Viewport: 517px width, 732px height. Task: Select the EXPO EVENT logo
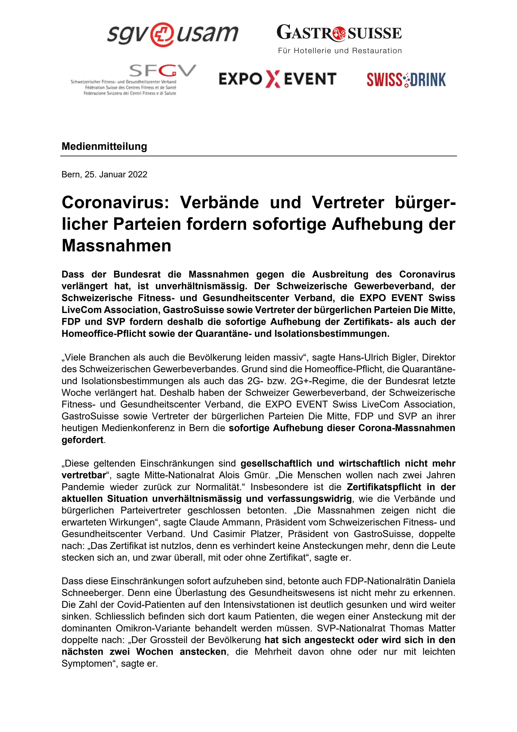pyautogui.click(x=277, y=79)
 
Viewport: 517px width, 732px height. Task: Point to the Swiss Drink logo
pyautogui.click(x=406, y=79)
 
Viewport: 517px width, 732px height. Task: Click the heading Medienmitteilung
pyautogui.click(x=104, y=146)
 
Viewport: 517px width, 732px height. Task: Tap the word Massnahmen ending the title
pyautogui.click(x=116, y=245)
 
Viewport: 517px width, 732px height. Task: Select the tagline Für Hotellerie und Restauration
pyautogui.click(x=340, y=51)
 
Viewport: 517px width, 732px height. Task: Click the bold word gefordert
pyautogui.click(x=83, y=440)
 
